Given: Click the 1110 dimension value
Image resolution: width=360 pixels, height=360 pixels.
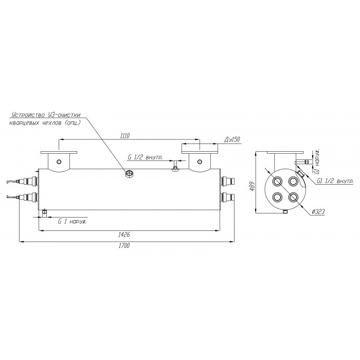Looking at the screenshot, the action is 125,136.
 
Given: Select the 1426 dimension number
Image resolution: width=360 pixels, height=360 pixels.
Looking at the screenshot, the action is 124,235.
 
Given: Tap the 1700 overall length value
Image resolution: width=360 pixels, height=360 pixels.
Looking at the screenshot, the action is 124,245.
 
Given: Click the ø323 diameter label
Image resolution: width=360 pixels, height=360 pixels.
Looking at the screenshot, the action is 319,211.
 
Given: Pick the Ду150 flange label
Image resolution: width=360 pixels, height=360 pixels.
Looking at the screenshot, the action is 232,139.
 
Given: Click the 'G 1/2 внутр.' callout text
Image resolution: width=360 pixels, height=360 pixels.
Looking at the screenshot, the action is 145,157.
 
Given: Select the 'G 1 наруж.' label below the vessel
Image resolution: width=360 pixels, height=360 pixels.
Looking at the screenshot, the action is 73,222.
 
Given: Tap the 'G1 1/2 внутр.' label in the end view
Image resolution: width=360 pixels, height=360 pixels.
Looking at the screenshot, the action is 335,181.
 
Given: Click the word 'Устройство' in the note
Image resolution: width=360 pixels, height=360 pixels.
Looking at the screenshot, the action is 28,115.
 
